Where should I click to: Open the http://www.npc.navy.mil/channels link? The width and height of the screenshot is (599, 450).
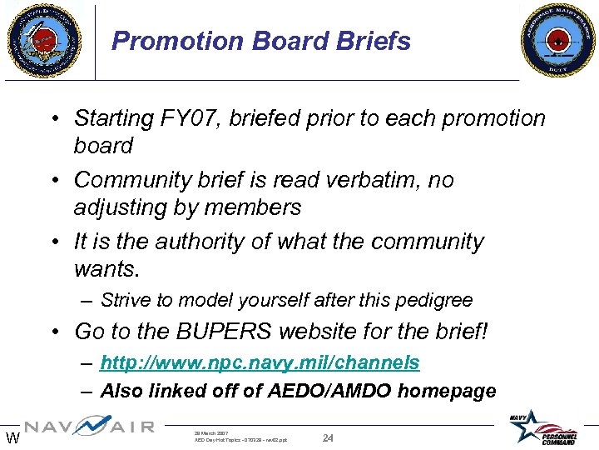tap(260, 363)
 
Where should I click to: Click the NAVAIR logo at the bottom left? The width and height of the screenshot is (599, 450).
tap(90, 427)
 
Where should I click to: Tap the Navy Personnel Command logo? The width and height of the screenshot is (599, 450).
tap(548, 427)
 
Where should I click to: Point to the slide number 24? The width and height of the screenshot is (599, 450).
tap(328, 437)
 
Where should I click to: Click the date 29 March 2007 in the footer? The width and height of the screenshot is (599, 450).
tap(211, 433)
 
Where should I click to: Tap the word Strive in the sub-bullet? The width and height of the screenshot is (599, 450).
tap(123, 300)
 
